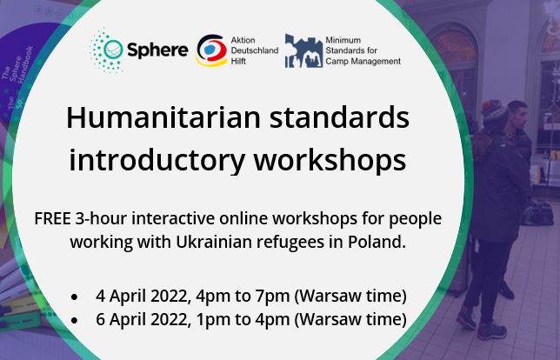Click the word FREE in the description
pos(56,217)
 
